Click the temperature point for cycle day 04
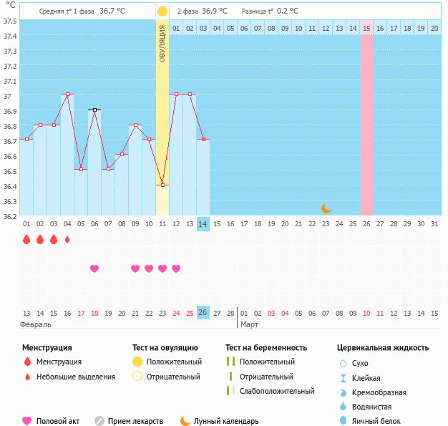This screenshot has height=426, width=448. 67,95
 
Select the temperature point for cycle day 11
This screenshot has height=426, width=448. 162,185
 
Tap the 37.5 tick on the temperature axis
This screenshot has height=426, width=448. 11,21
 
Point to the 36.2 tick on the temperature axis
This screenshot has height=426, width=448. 11,215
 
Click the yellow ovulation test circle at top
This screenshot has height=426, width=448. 162,11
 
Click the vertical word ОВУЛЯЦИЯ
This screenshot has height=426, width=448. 162,42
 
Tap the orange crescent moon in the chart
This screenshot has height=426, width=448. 326,208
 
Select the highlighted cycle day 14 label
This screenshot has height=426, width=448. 203,224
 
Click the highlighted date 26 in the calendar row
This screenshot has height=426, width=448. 203,313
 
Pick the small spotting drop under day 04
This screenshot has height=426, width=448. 67,240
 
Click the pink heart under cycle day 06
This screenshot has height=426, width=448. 94,268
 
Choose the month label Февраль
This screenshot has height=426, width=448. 36,324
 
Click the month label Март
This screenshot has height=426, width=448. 249,324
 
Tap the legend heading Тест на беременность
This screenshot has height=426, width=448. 266,348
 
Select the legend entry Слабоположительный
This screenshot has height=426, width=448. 277,391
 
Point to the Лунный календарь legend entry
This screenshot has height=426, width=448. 220,421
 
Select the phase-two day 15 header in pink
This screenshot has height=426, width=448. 366,28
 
